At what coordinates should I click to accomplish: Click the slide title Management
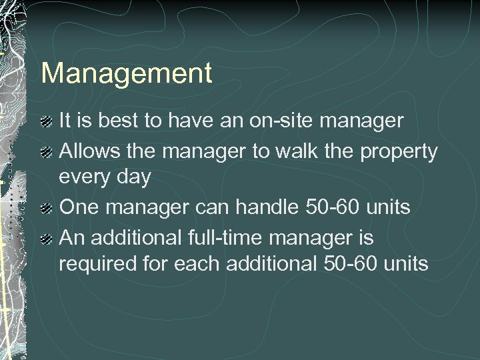(127, 73)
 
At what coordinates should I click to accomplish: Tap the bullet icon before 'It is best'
(46, 122)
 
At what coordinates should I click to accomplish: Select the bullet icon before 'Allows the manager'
(46, 152)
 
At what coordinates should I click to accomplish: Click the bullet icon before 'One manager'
(46, 209)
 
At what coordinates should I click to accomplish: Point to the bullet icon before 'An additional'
(46, 238)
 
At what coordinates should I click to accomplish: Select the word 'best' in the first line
(123, 121)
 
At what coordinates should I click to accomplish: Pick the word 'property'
(399, 152)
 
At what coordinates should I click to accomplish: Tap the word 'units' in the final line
(405, 265)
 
